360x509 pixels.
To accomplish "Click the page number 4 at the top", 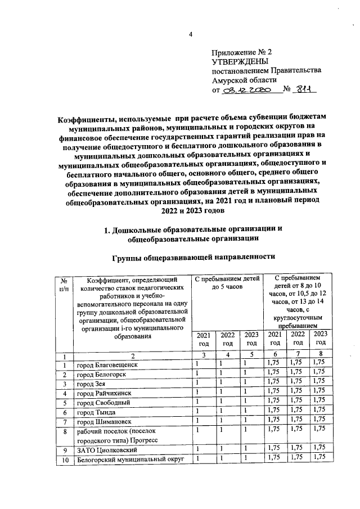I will [190, 34].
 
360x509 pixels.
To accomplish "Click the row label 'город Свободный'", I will [105, 403].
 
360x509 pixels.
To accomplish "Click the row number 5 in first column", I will [65, 403].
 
